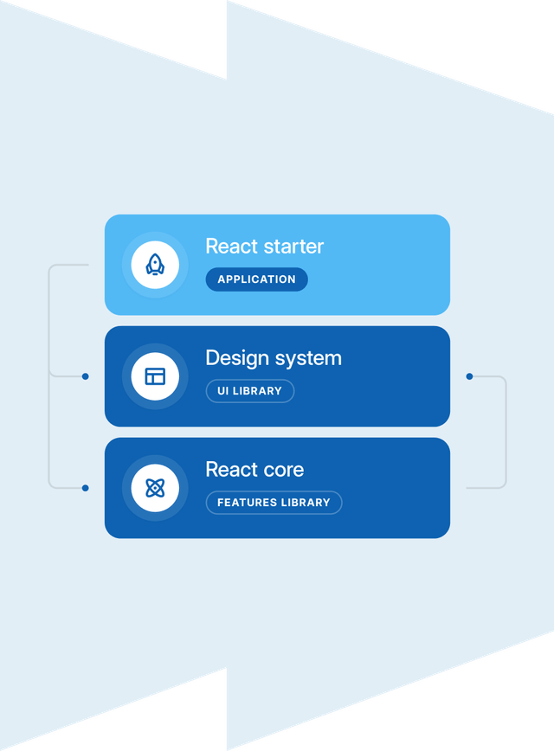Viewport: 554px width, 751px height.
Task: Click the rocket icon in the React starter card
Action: pyautogui.click(x=155, y=265)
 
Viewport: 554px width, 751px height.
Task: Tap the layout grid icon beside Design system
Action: pyautogui.click(x=155, y=376)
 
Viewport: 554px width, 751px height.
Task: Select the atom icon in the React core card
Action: pyautogui.click(x=155, y=488)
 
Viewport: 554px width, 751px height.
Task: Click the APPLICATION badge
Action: pyautogui.click(x=256, y=279)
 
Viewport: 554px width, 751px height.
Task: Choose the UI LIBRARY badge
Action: pyautogui.click(x=249, y=391)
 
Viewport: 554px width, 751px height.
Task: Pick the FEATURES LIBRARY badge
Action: pyautogui.click(x=274, y=503)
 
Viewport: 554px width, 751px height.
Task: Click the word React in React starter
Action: pyautogui.click(x=231, y=247)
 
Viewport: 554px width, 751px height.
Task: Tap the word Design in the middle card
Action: pyautogui.click(x=236, y=358)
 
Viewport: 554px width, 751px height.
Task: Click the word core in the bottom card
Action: pyautogui.click(x=283, y=470)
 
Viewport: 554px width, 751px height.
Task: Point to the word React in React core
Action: pyautogui.click(x=231, y=470)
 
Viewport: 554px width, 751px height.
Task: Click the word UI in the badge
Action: pyautogui.click(x=223, y=391)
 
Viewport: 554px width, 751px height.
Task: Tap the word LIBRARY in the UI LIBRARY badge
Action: pyautogui.click(x=257, y=391)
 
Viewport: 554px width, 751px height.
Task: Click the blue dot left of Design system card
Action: pyautogui.click(x=85, y=376)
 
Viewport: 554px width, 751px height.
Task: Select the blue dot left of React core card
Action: pyautogui.click(x=85, y=488)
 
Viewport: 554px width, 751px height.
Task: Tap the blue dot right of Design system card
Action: pyautogui.click(x=469, y=376)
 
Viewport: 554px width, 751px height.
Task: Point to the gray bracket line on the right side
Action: pyautogui.click(x=506, y=433)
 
